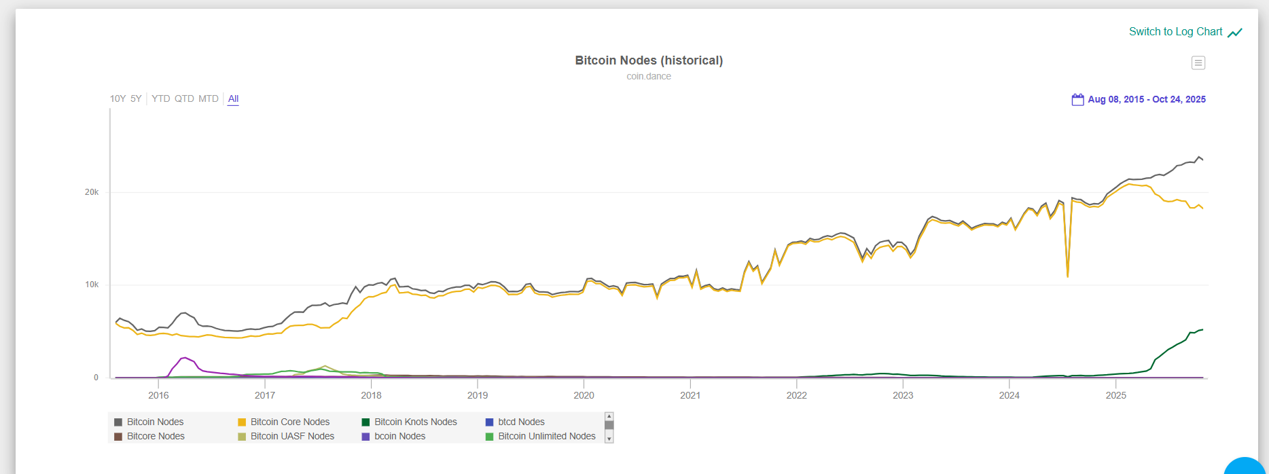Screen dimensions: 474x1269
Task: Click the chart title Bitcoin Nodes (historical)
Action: click(x=649, y=60)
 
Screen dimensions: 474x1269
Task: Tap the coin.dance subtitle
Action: click(x=649, y=76)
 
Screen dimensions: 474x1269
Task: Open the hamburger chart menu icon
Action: click(x=1198, y=63)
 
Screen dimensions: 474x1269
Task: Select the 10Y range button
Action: click(x=118, y=98)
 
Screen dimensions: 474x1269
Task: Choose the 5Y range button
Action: click(x=136, y=98)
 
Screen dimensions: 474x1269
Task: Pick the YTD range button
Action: click(x=161, y=98)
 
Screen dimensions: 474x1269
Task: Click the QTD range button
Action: click(x=184, y=98)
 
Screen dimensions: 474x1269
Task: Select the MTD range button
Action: click(x=209, y=98)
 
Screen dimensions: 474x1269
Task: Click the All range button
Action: click(x=233, y=98)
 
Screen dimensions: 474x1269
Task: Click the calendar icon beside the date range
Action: click(x=1077, y=99)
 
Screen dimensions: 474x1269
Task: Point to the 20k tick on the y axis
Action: click(x=92, y=192)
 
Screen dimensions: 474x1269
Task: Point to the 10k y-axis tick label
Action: click(x=92, y=285)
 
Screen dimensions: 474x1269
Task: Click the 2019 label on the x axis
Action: click(x=478, y=395)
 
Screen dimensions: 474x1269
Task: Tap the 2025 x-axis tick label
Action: click(x=1115, y=395)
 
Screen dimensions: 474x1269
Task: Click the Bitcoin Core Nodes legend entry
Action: click(x=289, y=422)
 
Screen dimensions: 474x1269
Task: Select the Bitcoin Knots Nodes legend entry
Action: click(x=415, y=422)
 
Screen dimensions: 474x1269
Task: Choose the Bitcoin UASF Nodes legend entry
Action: click(x=292, y=436)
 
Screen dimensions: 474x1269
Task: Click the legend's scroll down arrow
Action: click(x=609, y=439)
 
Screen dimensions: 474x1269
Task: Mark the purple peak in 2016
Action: click(x=184, y=357)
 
